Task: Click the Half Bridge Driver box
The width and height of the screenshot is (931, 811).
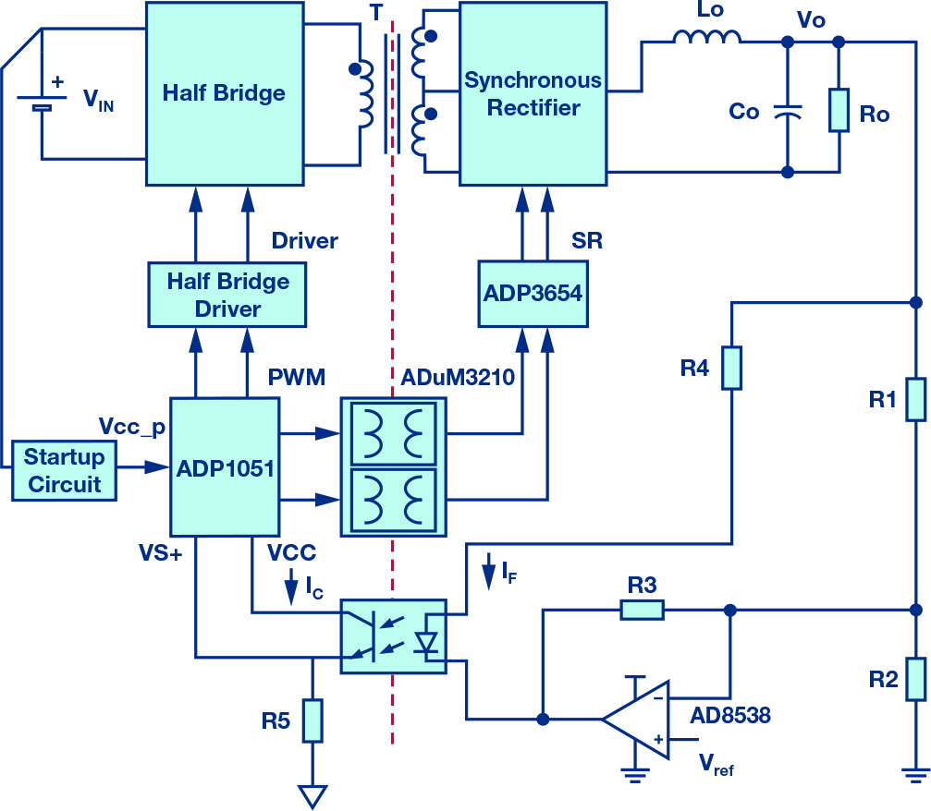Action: tap(227, 295)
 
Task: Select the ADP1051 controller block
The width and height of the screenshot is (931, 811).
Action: tap(225, 466)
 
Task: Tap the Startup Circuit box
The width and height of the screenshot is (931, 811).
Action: tap(64, 471)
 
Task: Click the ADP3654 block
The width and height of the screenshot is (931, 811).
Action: tap(533, 294)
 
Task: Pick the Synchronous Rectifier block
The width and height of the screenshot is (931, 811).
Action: tap(533, 93)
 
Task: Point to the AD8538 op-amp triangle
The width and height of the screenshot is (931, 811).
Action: tap(636, 719)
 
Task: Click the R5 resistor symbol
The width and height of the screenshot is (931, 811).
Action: tap(312, 720)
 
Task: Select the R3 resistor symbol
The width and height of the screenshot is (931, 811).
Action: tap(642, 610)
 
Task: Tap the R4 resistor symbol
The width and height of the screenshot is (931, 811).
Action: tap(731, 369)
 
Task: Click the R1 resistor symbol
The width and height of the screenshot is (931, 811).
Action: tap(916, 399)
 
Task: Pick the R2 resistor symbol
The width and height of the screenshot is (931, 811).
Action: tap(916, 679)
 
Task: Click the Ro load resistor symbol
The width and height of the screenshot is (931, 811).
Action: tap(839, 110)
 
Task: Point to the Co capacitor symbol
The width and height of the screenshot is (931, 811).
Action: tap(788, 111)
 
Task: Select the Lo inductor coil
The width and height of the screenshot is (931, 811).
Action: tap(707, 37)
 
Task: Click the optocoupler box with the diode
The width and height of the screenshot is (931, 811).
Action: tap(393, 636)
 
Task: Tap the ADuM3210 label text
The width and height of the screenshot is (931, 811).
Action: tap(458, 377)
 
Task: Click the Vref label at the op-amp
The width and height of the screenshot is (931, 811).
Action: tap(717, 765)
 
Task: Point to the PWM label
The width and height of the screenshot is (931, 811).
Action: tap(296, 377)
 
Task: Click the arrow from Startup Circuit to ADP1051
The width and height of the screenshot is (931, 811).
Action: tap(143, 467)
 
